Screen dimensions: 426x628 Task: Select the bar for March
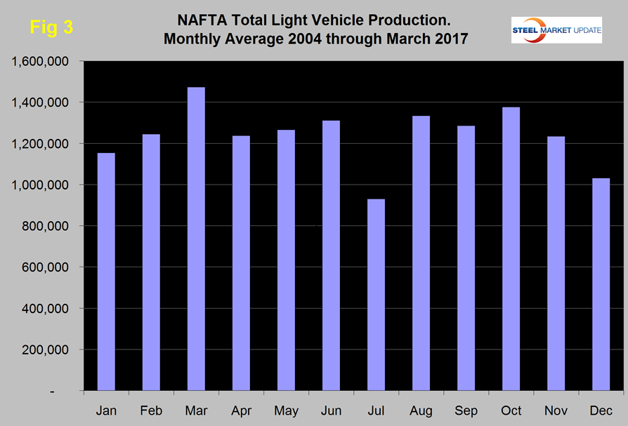196,239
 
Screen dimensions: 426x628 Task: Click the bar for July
376,295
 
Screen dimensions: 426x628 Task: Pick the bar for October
511,249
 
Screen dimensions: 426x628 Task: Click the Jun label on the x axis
331,409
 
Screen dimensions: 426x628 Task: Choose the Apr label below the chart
241,409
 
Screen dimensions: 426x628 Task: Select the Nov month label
556,409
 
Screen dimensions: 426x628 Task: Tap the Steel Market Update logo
556,29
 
